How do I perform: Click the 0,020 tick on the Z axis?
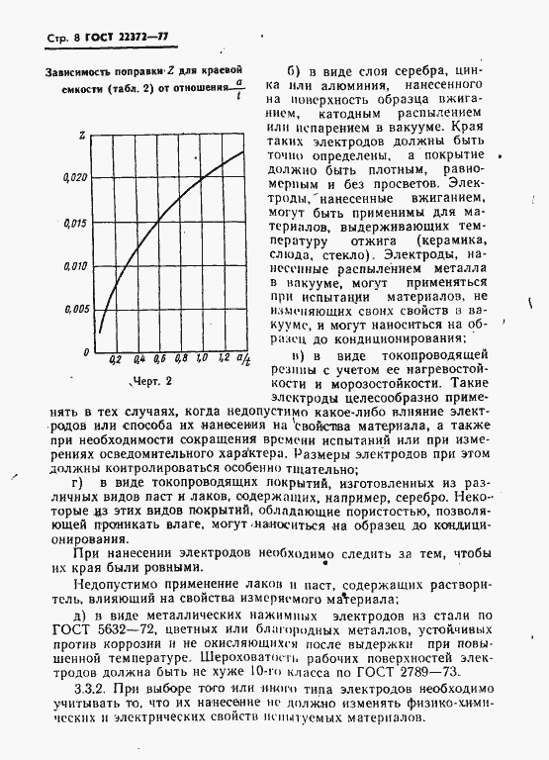(x=76, y=177)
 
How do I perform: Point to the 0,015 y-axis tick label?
(x=76, y=223)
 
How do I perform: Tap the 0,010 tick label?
(x=76, y=266)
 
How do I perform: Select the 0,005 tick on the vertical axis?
(x=76, y=309)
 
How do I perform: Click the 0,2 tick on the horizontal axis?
(x=116, y=359)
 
